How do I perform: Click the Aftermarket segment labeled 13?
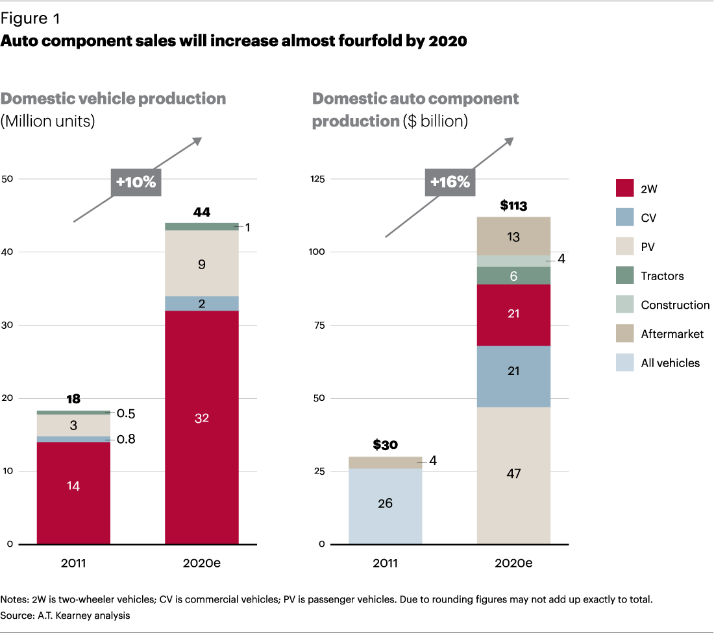click(513, 236)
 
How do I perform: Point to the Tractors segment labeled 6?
click(513, 276)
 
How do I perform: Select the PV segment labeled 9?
click(202, 264)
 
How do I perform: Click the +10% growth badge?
click(136, 182)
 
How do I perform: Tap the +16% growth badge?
click(448, 182)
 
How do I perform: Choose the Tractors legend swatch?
click(625, 276)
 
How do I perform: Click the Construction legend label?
click(675, 305)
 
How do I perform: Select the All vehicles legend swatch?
click(625, 363)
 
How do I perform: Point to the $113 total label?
click(513, 207)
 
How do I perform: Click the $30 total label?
click(385, 446)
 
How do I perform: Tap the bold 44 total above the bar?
click(202, 212)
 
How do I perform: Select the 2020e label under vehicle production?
click(202, 562)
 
